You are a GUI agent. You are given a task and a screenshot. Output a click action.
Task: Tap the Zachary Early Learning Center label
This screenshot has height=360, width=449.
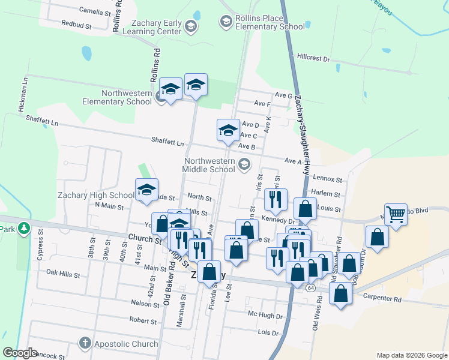coord(155,26)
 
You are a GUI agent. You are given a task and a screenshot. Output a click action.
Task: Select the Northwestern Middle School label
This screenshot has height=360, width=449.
coord(209,165)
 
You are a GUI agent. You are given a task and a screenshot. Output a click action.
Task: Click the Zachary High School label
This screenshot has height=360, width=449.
coord(96,195)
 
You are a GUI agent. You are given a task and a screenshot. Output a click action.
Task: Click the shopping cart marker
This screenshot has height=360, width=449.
coord(396,214)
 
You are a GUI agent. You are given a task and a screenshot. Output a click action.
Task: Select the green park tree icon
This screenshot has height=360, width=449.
coord(23,228)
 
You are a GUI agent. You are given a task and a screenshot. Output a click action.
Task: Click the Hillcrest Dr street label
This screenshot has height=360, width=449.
coord(313,58)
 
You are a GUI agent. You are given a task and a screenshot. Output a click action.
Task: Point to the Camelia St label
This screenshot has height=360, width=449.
coord(95,11)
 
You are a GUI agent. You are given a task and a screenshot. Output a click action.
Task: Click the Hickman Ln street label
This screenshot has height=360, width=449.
coord(23,96)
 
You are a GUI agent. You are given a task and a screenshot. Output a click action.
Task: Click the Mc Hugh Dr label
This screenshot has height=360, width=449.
coord(265,314)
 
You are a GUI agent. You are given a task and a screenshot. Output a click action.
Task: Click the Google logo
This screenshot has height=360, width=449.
coord(20,353)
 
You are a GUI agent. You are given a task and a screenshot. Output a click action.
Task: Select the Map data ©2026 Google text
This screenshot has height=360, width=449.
coord(411,355)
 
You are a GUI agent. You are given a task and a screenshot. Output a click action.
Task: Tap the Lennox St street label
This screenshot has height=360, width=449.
coord(327,179)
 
